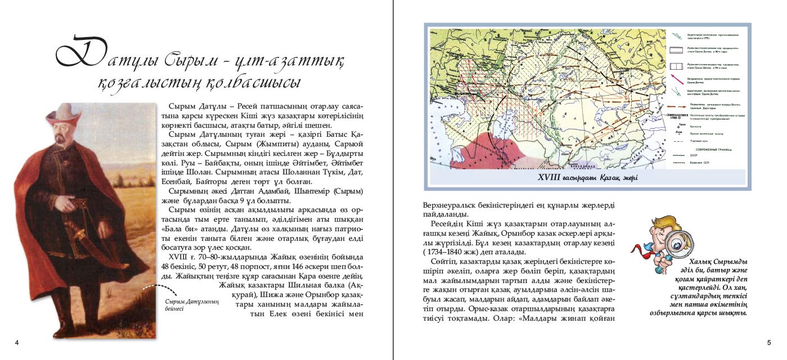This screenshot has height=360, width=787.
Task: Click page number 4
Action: point(17,343)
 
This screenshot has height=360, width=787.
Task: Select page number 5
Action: point(769,343)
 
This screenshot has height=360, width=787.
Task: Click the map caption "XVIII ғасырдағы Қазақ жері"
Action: point(588,178)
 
